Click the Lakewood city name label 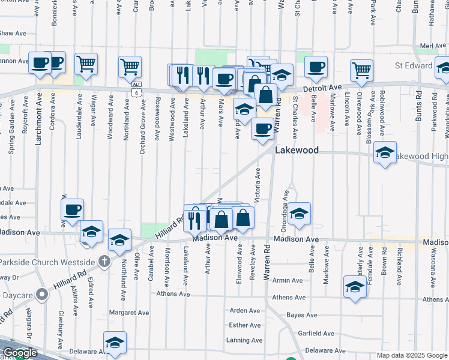point(297,151)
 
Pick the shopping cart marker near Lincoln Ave point(361,70)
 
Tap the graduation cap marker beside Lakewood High point(385,152)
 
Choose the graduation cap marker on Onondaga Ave point(299,213)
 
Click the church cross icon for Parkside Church point(104,261)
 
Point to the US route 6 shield point(137,92)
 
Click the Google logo point(19,353)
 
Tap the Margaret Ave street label point(129,313)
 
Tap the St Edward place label point(414,65)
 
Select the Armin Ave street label point(287,280)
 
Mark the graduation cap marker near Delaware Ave point(115,342)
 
